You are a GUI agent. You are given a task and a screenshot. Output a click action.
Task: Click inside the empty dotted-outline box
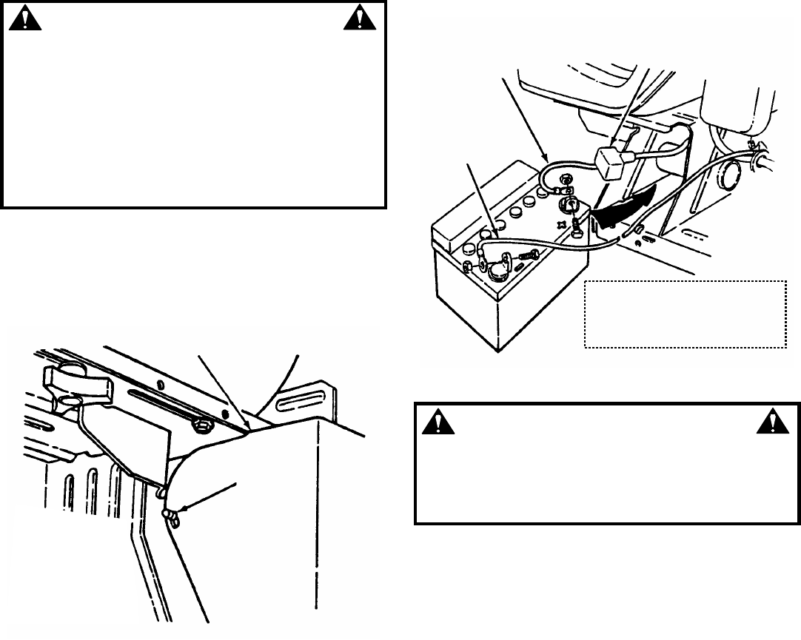pyautogui.click(x=685, y=314)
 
